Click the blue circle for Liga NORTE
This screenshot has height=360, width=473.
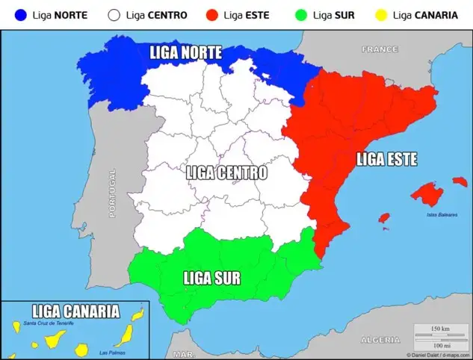(x=20, y=14)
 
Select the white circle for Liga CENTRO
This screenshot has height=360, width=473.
(x=114, y=14)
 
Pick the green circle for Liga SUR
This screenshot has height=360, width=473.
(x=301, y=14)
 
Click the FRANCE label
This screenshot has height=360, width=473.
(x=380, y=49)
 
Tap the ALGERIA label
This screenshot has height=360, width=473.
(x=381, y=340)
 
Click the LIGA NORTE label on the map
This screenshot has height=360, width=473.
(x=185, y=52)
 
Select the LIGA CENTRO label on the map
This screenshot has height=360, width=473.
(x=226, y=173)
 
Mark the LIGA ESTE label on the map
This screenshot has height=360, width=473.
(x=386, y=159)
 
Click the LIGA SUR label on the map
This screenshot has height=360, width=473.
(x=211, y=279)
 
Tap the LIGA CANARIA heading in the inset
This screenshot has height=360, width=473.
(x=75, y=311)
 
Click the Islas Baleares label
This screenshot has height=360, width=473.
(x=442, y=214)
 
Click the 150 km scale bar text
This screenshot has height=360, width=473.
(x=440, y=329)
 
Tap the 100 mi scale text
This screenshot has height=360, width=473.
(x=440, y=344)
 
